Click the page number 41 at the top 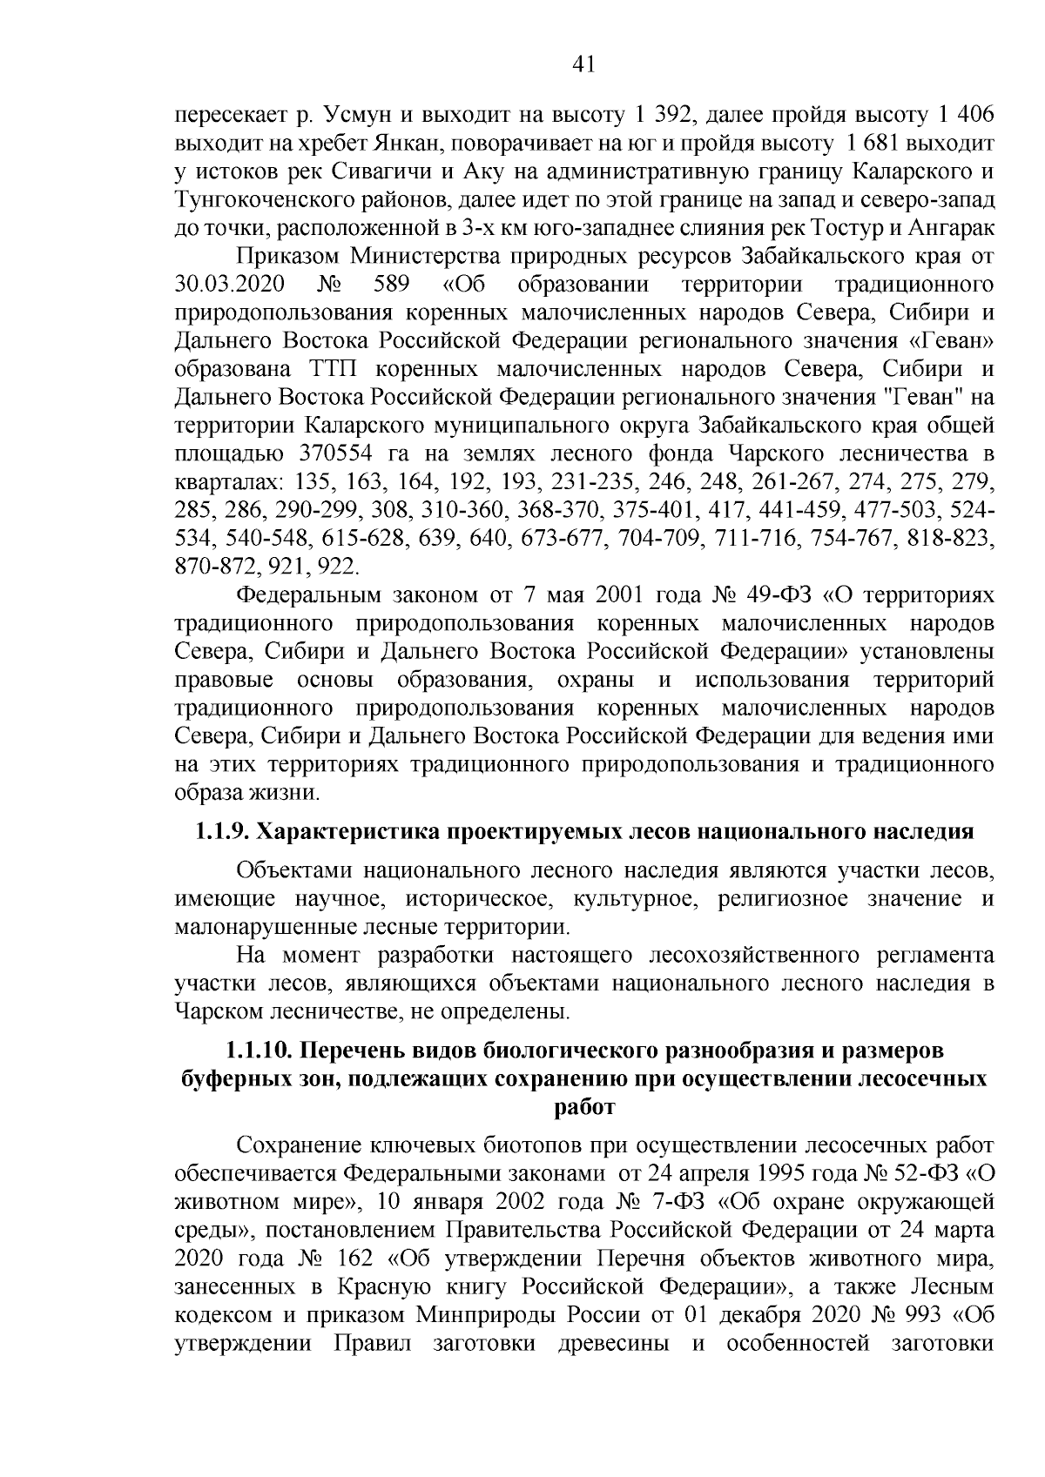pyautogui.click(x=584, y=64)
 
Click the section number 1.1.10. pyautogui.click(x=260, y=1051)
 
